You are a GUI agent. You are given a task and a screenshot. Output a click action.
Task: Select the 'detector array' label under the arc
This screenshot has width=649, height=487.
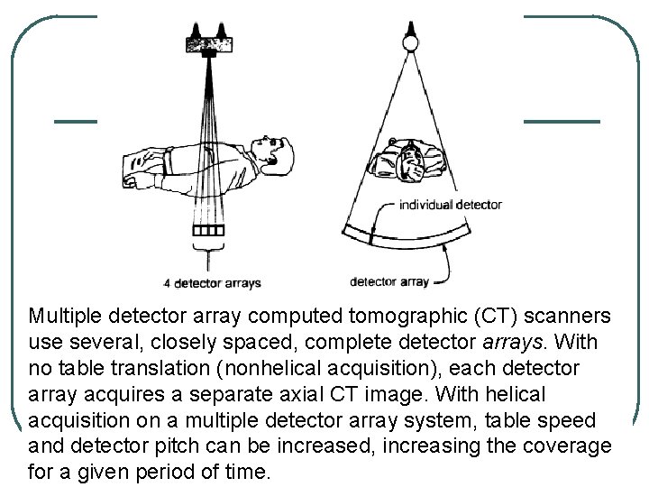pyautogui.click(x=388, y=282)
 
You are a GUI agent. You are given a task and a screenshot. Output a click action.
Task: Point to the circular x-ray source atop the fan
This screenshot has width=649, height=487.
pyautogui.click(x=411, y=41)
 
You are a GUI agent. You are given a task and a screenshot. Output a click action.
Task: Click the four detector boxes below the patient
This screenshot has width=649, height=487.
pyautogui.click(x=208, y=230)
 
